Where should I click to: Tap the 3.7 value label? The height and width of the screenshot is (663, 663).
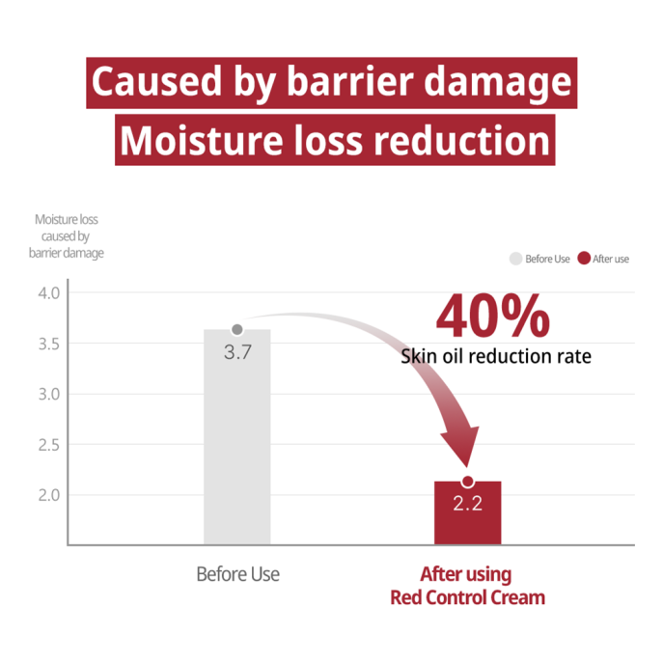coord(237,352)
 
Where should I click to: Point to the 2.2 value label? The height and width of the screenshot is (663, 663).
coord(467,504)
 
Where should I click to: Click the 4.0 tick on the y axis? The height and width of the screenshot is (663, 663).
coord(48,292)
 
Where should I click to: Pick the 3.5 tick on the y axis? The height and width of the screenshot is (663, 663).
coord(48,344)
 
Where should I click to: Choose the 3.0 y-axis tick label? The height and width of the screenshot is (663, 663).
coord(48,394)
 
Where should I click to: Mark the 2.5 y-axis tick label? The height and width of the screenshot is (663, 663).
coord(48,445)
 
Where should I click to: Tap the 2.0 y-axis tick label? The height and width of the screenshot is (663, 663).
coord(48,495)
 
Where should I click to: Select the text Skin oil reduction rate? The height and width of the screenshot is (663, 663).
coord(496,357)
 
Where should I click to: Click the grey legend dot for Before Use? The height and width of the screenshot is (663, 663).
coord(516,259)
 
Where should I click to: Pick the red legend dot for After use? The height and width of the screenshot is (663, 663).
coord(584,259)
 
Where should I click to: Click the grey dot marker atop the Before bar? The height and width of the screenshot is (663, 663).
coord(237,330)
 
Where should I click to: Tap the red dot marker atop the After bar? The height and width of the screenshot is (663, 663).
coord(467,482)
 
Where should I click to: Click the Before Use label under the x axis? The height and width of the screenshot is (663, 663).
coord(237,574)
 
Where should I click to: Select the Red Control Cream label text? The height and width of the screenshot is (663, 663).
coord(467,597)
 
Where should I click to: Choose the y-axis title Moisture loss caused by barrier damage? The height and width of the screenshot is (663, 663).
coord(66,236)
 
